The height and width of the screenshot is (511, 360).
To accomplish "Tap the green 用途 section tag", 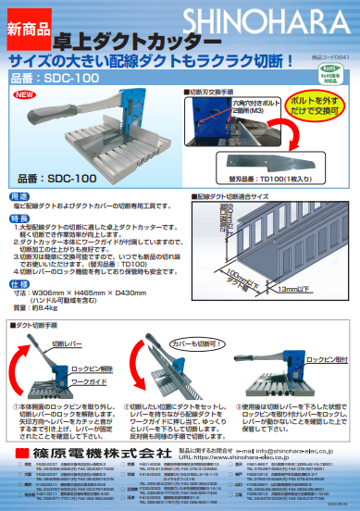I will (x=19, y=197).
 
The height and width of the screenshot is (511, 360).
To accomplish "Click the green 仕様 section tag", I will (x=19, y=284).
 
